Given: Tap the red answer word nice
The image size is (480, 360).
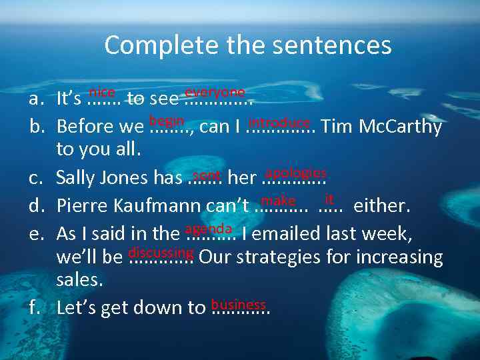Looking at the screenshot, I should [x=102, y=93].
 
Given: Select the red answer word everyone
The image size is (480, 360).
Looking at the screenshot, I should [x=215, y=92].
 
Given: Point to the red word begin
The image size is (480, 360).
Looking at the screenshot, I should [x=167, y=121].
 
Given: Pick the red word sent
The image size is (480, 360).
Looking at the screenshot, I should [x=207, y=175].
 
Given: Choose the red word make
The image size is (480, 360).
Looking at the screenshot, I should [x=278, y=200].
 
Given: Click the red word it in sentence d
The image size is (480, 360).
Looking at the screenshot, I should [x=329, y=199].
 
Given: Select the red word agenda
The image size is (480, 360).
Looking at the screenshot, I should [x=208, y=228].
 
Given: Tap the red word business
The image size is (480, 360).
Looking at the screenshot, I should [x=238, y=304].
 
